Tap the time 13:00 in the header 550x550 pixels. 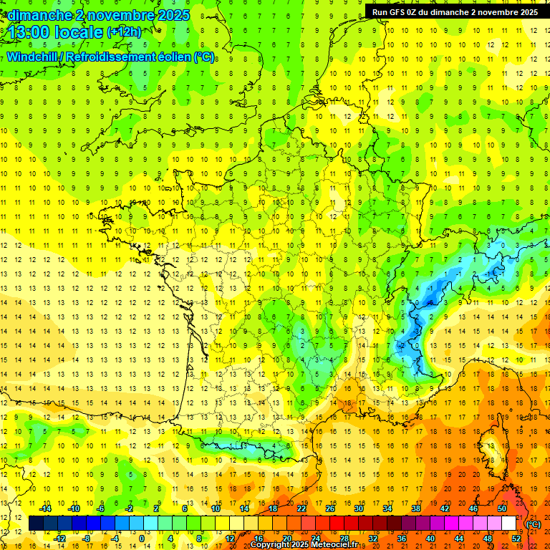[30, 32]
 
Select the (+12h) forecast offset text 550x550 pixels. [124, 32]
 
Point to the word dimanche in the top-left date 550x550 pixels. [35, 14]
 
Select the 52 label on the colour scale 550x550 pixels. [516, 538]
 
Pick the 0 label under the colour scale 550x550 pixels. [142, 538]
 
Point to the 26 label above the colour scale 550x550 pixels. [331, 508]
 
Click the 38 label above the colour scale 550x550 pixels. [415, 508]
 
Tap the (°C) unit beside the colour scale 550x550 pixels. [534, 524]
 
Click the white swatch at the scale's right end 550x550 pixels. [508, 524]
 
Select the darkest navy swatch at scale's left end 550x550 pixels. [36, 524]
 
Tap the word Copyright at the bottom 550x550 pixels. [270, 545]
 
